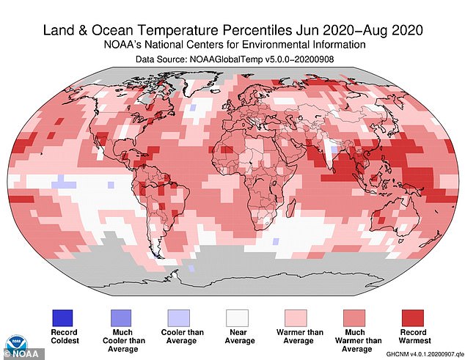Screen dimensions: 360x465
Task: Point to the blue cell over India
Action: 333,152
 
